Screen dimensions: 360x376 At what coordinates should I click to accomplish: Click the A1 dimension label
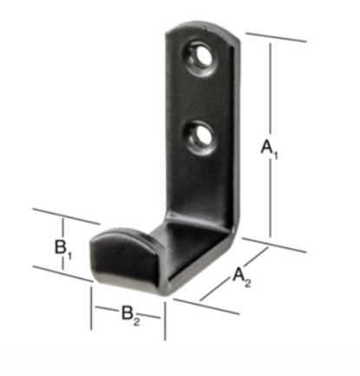(269, 148)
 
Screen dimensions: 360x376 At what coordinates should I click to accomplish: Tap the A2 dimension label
(242, 277)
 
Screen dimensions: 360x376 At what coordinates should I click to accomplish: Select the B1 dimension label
(63, 249)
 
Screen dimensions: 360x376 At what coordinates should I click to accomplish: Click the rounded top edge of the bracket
(202, 28)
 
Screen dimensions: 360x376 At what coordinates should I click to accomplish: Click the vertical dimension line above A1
(271, 89)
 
